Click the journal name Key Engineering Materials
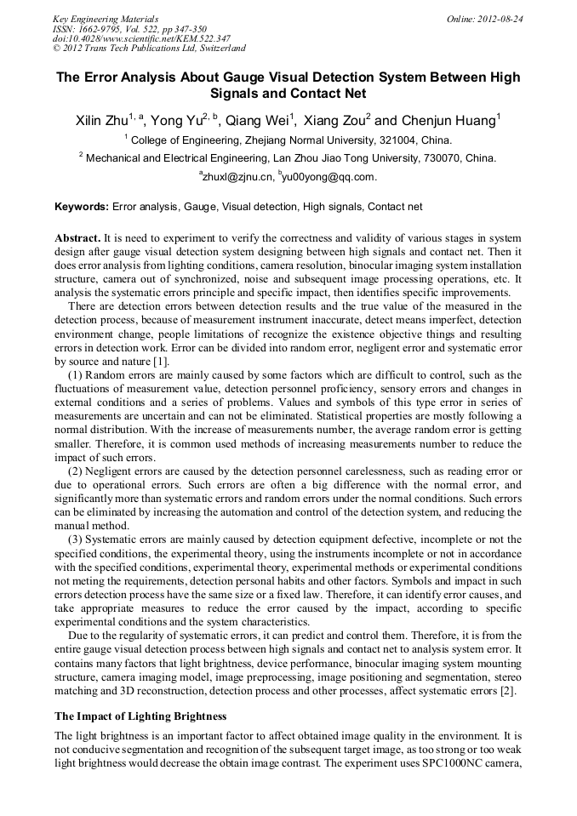point(106,19)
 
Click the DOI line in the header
point(141,38)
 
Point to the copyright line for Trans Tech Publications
point(149,49)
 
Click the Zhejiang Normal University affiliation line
point(290,140)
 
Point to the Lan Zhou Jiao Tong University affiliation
point(289,158)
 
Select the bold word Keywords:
point(82,207)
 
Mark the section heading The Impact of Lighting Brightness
point(140,716)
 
